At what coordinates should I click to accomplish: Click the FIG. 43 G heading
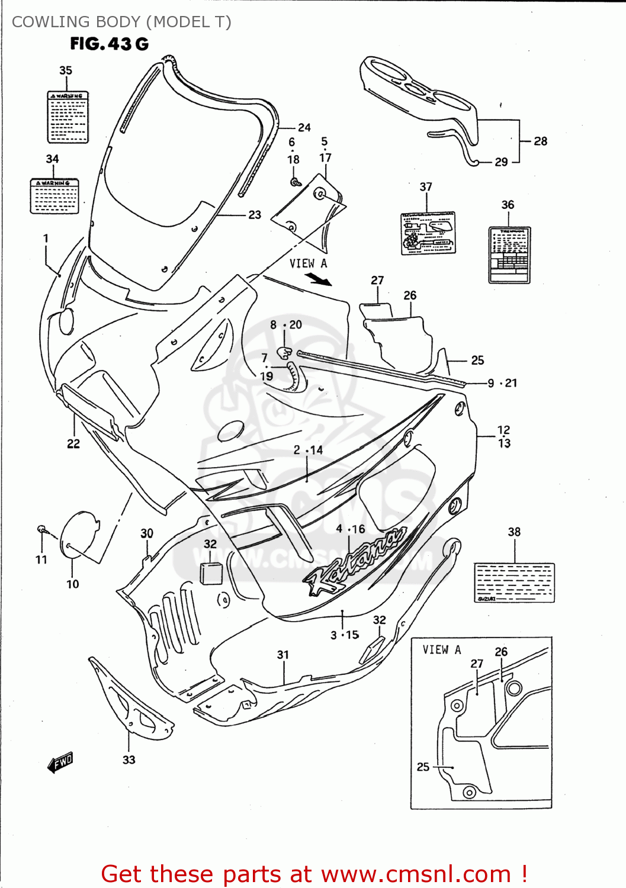109,44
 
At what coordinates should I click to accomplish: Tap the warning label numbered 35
68,117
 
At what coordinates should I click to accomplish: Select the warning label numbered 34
54,196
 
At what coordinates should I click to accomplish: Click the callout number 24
304,127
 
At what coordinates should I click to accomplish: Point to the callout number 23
255,215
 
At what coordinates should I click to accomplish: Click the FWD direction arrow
60,762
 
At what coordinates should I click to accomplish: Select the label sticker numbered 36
509,255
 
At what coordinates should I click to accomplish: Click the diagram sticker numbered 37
428,233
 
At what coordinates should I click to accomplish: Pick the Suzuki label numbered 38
514,583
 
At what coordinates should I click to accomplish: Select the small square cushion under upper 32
211,573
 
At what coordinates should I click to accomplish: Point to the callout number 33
129,760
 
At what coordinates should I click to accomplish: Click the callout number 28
540,141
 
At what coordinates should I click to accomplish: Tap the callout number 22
73,443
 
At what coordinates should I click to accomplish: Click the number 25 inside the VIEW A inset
423,767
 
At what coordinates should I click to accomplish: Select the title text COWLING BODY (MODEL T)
121,22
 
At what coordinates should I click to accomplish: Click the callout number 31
283,655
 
